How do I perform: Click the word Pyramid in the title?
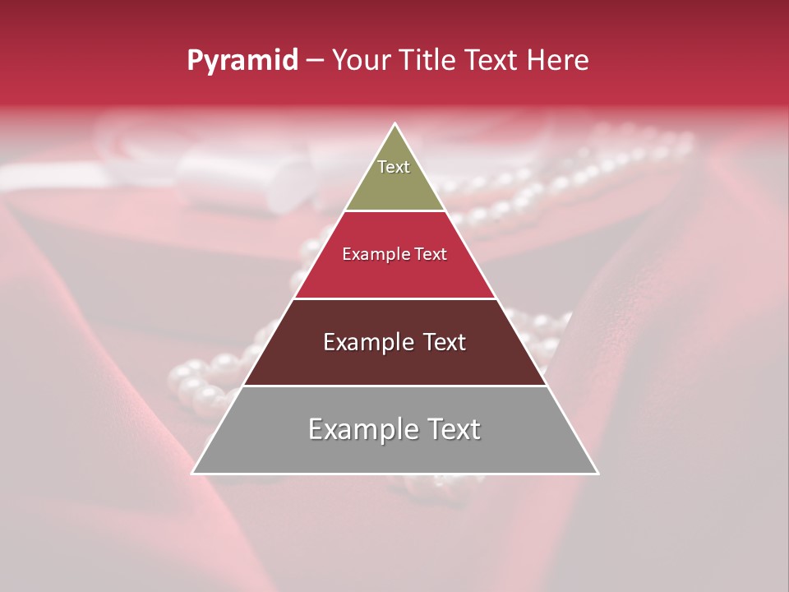[242, 61]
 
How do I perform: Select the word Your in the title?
[362, 61]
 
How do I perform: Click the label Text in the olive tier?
[394, 167]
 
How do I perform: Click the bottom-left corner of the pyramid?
[193, 473]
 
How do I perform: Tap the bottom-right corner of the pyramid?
[598, 473]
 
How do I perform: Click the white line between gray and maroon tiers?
[394, 386]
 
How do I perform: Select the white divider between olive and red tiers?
[394, 210]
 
